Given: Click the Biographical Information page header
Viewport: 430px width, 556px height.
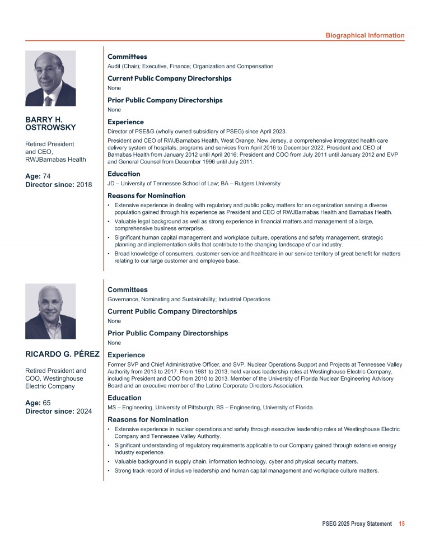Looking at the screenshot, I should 364,35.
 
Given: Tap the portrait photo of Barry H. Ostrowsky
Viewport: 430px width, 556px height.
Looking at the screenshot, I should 50,78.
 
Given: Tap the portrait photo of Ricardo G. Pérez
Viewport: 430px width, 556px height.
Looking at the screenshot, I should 50,311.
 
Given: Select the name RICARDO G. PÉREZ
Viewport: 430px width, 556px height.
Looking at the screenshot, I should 63,354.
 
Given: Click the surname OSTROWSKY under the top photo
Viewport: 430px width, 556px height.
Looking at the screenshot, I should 51,128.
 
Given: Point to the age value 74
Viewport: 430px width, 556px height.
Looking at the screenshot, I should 46,176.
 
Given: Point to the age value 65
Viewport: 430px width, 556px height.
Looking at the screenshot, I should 46,402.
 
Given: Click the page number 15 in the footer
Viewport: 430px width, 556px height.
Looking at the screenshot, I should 401,524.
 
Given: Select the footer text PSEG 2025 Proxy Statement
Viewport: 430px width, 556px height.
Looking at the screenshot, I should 357,524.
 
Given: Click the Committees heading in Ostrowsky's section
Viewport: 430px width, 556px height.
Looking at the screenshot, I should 127,57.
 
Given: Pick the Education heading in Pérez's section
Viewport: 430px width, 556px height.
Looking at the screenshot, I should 124,398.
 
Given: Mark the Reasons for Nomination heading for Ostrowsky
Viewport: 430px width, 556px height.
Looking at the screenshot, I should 146,196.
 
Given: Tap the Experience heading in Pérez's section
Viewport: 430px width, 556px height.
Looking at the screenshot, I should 125,355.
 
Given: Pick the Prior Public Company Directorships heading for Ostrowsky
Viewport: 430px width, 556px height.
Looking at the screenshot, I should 165,100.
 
